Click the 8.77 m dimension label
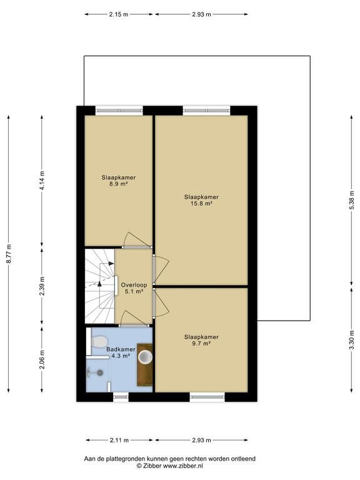(x=9, y=254)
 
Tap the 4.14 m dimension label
(x=42, y=181)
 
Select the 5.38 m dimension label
(x=352, y=200)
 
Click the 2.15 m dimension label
(x=119, y=14)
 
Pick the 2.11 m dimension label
(x=119, y=440)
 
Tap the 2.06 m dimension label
(x=42, y=359)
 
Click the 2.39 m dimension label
(x=42, y=286)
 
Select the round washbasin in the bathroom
(x=145, y=357)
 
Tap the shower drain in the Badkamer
(x=100, y=372)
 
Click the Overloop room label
(x=134, y=285)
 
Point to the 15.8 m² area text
(x=201, y=203)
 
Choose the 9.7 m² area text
(x=201, y=344)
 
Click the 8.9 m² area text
(x=119, y=184)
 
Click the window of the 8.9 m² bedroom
(x=119, y=111)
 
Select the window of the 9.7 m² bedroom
(x=207, y=397)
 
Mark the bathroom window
(x=121, y=397)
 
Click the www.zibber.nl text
(x=182, y=466)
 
